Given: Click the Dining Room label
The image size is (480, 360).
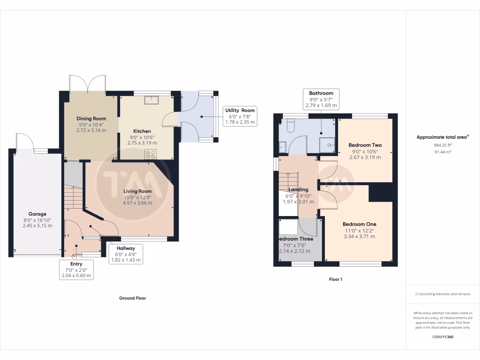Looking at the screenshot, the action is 91,119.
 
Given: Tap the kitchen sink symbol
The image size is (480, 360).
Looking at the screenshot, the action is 151,100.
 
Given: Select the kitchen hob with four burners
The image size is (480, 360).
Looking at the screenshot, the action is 150,154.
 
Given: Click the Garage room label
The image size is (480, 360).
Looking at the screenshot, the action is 37,214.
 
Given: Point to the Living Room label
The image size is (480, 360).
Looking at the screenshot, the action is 137,191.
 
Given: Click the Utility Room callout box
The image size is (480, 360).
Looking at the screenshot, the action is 240,116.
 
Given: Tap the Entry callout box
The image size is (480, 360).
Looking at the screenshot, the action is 76,270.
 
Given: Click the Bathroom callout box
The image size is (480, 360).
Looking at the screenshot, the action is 321,99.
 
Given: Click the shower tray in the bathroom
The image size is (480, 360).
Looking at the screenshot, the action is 327,145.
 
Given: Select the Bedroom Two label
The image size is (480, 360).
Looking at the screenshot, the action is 365,145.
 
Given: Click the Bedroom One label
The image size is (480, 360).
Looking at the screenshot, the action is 360,224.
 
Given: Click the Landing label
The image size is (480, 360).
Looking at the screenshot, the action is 298,189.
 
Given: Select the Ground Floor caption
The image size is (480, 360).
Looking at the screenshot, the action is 133,298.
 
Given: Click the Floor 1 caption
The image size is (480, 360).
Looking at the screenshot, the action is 336,279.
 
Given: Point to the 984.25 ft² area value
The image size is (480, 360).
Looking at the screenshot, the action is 442,145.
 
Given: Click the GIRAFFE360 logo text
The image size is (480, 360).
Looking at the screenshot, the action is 443,337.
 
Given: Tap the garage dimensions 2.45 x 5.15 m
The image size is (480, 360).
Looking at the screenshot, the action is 37,225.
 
